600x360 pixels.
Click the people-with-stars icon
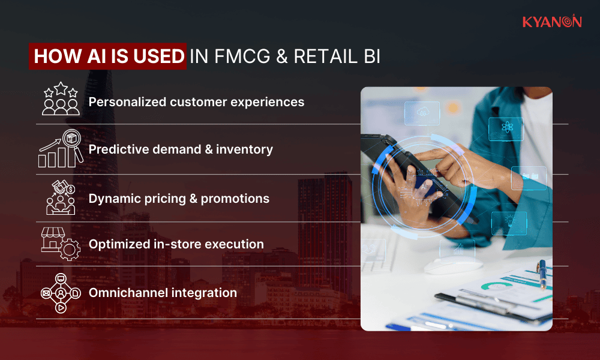tap(60, 100)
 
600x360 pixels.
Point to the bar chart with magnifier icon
tap(60, 149)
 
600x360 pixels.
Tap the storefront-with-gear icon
tap(60, 244)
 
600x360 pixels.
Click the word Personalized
tap(127, 102)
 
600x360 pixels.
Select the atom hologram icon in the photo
tap(506, 128)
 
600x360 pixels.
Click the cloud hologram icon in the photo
tap(422, 112)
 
